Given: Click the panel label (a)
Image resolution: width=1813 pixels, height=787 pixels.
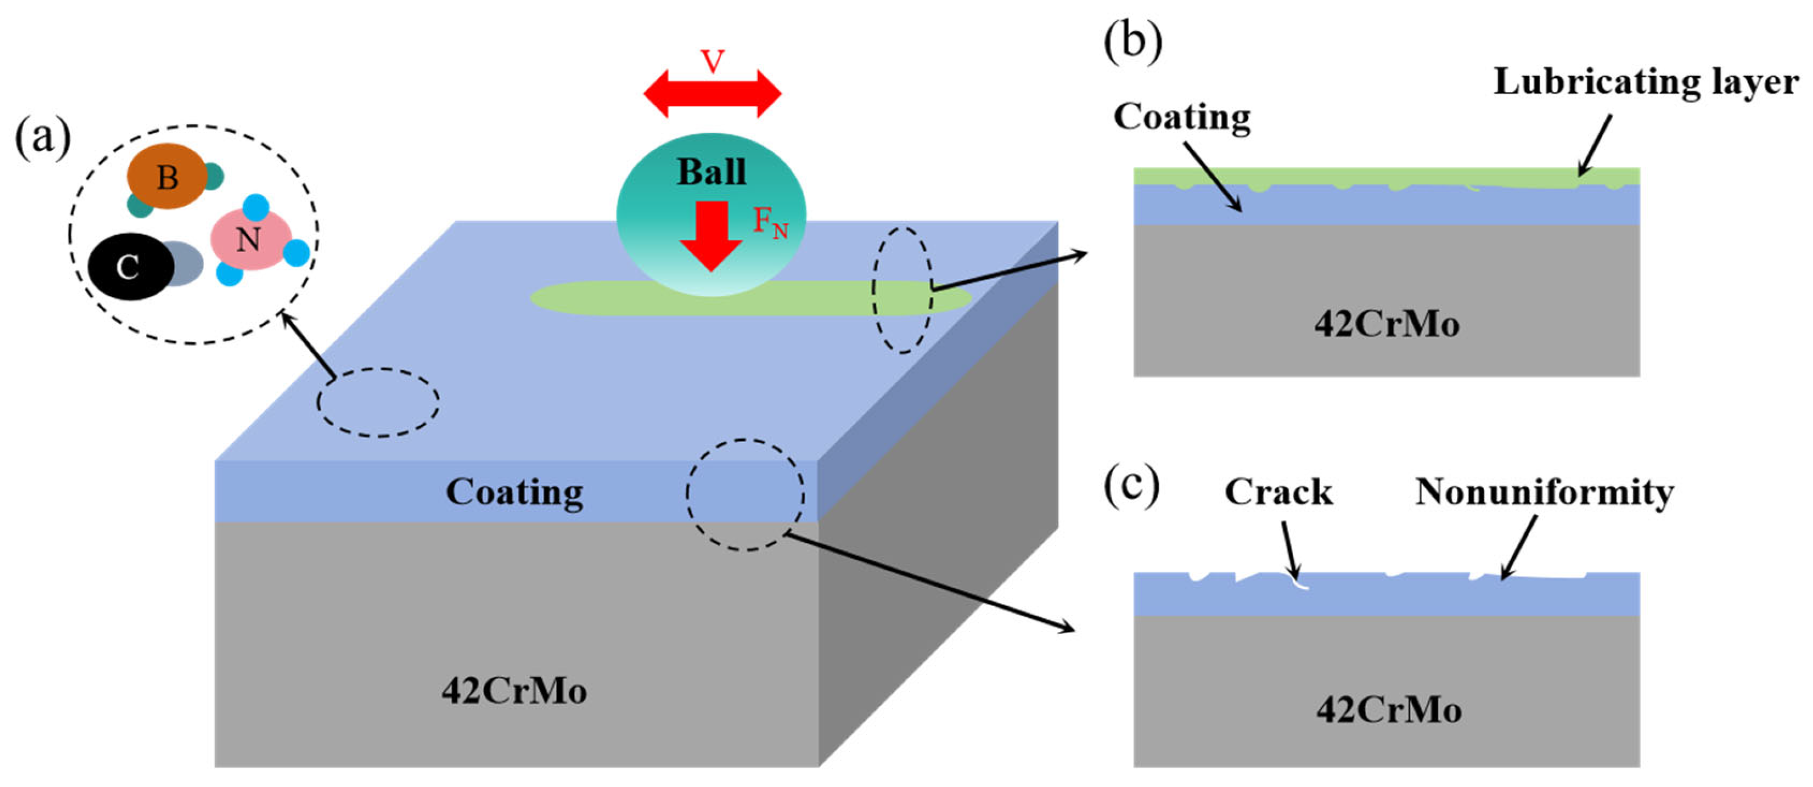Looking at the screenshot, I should click(x=43, y=139).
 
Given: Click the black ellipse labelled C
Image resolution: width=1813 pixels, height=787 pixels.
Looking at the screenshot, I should click(x=129, y=267).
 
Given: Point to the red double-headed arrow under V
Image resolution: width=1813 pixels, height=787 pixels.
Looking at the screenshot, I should click(x=712, y=94).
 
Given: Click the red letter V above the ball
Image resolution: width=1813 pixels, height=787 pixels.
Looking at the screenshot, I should click(x=712, y=62).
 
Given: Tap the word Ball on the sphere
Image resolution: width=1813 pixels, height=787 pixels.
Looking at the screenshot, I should click(x=711, y=172).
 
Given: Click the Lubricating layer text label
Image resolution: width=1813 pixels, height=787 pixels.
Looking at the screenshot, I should click(x=1645, y=82).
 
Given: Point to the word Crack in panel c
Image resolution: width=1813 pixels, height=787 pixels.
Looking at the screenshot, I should click(x=1278, y=492).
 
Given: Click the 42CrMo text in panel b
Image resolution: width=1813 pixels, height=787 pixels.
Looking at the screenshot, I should click(x=1387, y=324).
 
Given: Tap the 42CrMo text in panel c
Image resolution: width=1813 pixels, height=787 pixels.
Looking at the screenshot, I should click(x=1389, y=709).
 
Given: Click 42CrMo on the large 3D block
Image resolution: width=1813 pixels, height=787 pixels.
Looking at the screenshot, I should click(x=514, y=691).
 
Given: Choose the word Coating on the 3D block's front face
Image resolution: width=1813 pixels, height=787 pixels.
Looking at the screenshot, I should click(x=514, y=492).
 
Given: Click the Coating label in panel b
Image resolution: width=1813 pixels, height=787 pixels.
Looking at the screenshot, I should click(x=1182, y=117).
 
